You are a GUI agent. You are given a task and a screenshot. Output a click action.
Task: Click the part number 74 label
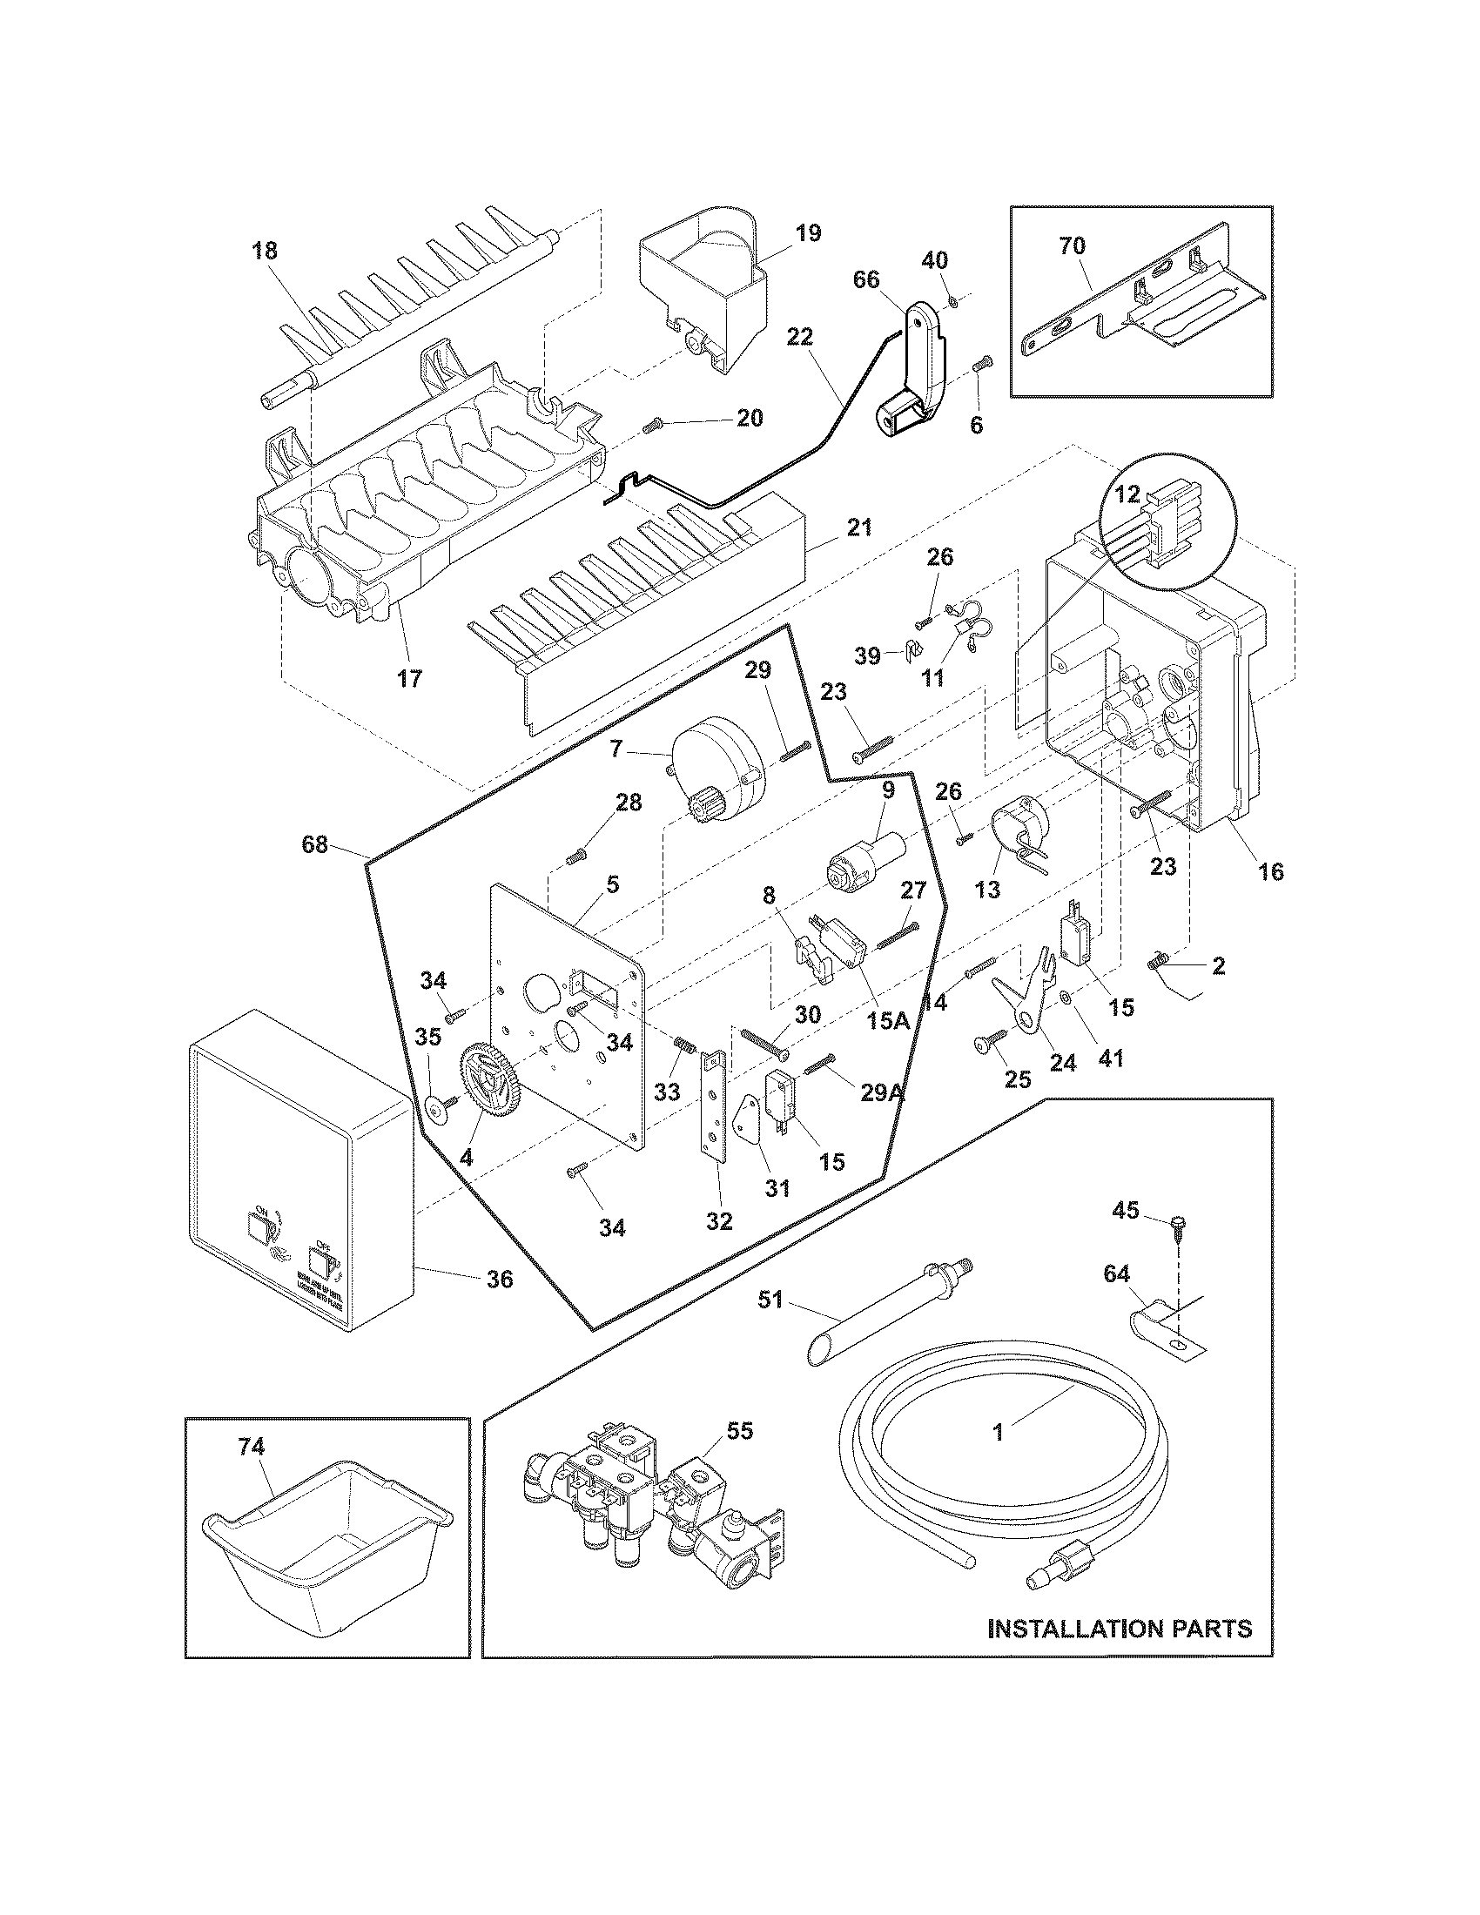[x=251, y=1447]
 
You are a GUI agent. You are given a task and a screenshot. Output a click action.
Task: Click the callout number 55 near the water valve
[x=739, y=1432]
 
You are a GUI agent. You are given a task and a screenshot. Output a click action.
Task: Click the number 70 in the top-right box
[x=1072, y=246]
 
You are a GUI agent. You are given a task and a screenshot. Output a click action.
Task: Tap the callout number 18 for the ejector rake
[x=264, y=250]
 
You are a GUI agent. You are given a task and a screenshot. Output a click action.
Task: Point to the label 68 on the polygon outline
[x=315, y=844]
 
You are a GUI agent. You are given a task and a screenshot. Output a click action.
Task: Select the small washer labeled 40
[x=952, y=303]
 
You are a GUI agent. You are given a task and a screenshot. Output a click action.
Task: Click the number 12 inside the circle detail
[x=1127, y=494]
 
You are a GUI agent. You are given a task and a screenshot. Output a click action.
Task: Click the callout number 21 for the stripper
[x=859, y=527]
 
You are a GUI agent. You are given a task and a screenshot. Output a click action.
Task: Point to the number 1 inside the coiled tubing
[x=998, y=1432]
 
